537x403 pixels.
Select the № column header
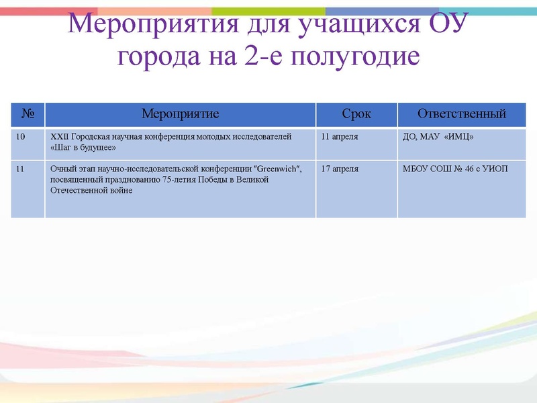[28, 114]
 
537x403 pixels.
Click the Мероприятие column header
[180, 114]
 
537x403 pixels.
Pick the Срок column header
[356, 114]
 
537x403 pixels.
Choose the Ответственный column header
[461, 114]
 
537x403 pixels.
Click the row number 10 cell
[21, 136]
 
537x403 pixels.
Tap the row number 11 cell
[20, 169]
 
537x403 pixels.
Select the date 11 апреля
[340, 136]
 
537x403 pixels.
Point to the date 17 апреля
[340, 169]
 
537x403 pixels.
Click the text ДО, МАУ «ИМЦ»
[438, 137]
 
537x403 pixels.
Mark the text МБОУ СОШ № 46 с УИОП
[455, 169]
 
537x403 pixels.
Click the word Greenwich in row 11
[275, 169]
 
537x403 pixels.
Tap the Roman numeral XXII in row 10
[60, 136]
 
